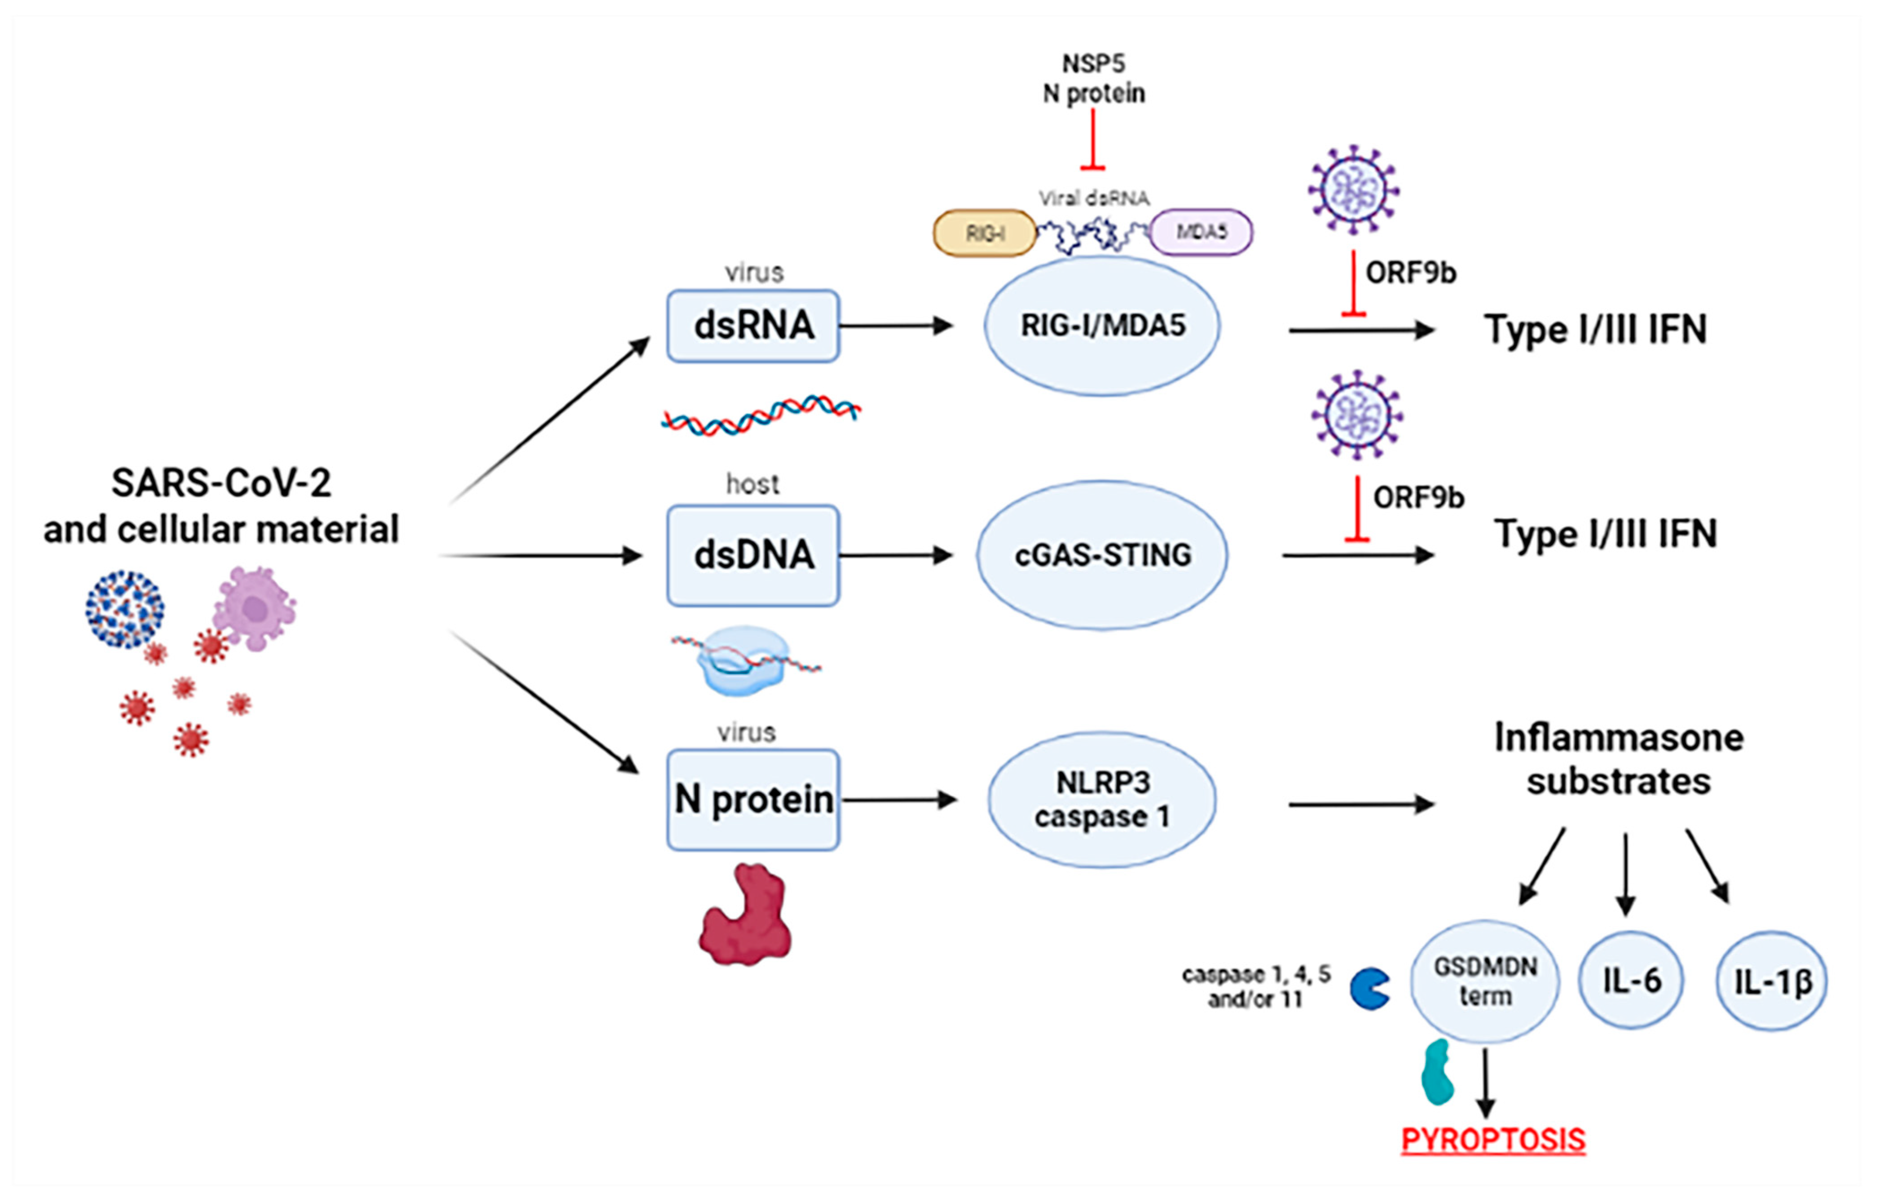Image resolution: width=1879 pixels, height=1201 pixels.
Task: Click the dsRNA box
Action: coord(753,326)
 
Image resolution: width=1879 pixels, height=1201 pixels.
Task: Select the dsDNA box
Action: coord(753,556)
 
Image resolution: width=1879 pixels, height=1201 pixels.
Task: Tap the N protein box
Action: coord(753,800)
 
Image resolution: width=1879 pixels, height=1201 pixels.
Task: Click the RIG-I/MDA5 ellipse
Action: coord(1102,326)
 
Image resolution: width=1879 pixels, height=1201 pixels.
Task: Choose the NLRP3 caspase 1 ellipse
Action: coord(1102,800)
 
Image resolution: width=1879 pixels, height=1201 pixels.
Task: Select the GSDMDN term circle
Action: coord(1485,982)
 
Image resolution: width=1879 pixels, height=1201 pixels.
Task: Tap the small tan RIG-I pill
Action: coord(985,233)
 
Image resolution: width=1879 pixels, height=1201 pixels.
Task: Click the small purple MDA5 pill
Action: coord(1201,232)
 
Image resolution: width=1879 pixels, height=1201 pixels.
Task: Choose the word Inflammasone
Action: coord(1619,738)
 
